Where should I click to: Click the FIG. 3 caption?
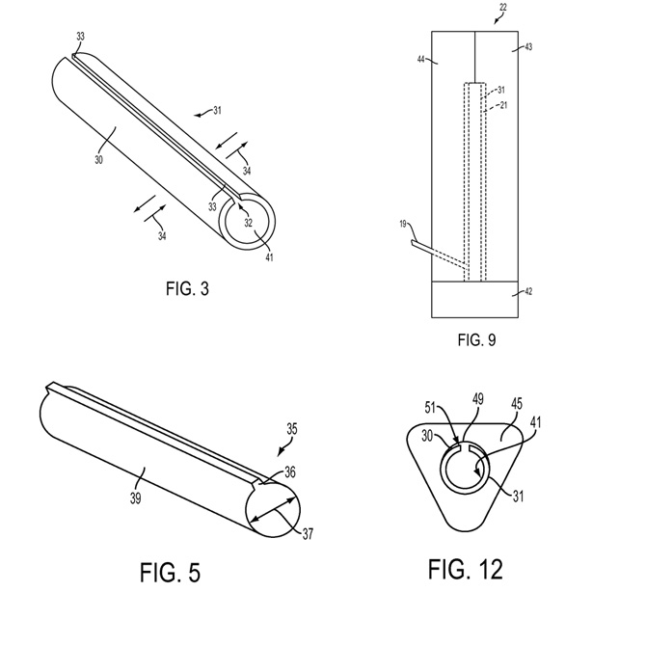187,288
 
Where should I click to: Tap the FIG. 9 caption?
476,340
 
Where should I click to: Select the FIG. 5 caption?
170,573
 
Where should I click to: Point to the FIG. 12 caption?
466,570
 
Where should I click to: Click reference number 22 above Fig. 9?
503,7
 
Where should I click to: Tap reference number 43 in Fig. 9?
528,47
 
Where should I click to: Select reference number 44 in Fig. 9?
420,60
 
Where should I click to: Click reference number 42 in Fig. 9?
528,292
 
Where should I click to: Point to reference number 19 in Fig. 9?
403,224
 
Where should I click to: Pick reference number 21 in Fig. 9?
503,105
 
